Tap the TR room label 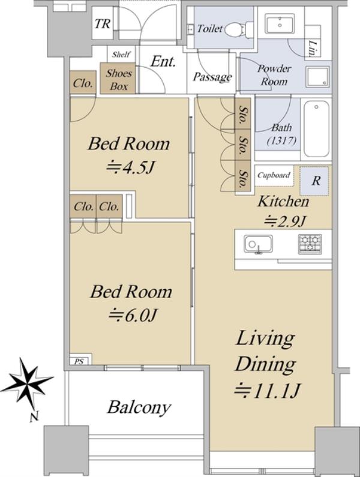coord(102,24)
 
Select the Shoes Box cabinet coord(119,78)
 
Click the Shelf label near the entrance coord(121,55)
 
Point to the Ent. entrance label coord(163,62)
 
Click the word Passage coord(212,77)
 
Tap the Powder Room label coord(274,75)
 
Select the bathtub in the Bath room coord(316,128)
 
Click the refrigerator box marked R coord(314,181)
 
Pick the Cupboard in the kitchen coord(274,175)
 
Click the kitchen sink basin coord(258,244)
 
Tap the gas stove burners coord(310,244)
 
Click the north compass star coord(28,380)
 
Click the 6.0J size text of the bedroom coord(133,315)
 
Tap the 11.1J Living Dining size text coord(268,391)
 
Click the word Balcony coord(139,407)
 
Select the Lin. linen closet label coord(314,49)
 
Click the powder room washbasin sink coord(280,23)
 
